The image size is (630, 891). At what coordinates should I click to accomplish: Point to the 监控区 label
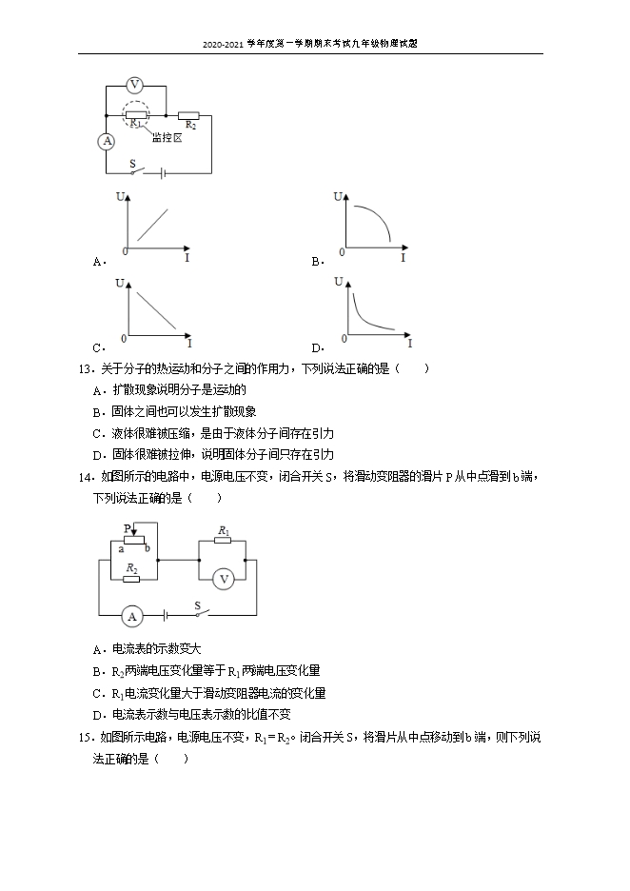166,137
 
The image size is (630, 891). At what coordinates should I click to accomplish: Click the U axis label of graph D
338,282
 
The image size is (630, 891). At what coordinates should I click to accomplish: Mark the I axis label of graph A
187,258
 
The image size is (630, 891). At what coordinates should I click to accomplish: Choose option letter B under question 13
98,411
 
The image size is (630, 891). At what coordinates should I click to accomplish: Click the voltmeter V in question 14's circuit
223,577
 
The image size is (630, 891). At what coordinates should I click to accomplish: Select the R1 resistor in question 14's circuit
223,540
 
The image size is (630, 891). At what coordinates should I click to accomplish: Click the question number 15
84,737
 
